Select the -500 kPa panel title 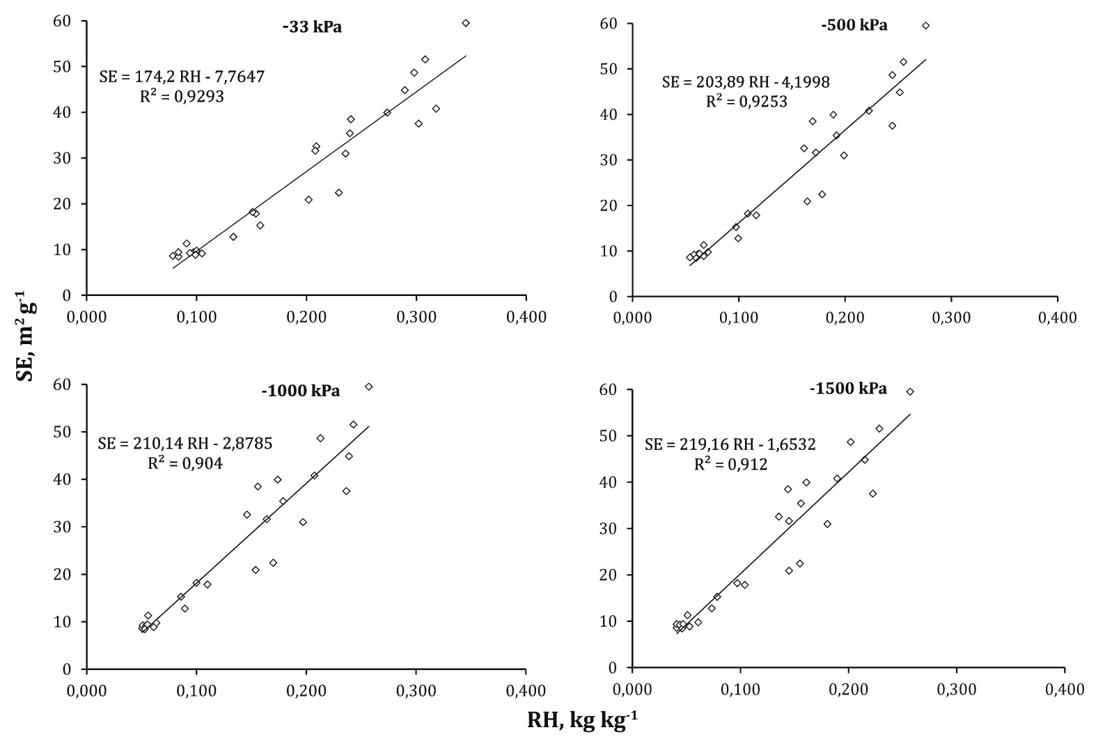854,26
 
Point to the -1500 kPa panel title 848,389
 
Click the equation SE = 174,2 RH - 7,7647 182,77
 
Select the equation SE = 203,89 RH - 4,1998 746,83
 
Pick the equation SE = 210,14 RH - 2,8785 185,444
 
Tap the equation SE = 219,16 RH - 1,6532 730,444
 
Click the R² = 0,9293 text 182,96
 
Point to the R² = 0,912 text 730,464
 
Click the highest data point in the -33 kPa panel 466,23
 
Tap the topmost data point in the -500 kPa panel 925,26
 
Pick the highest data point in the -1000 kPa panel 368,387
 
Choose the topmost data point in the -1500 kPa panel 909,391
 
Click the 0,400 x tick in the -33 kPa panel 526,318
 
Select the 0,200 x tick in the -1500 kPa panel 848,690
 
